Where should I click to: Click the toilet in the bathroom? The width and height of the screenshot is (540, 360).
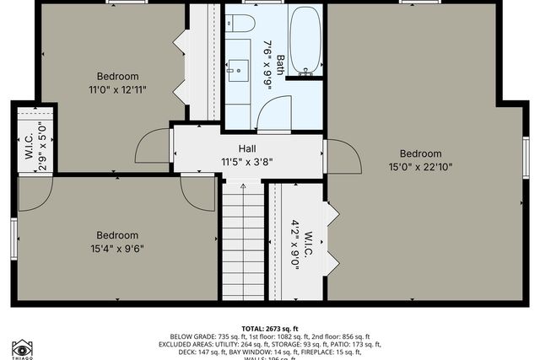tap(241, 22)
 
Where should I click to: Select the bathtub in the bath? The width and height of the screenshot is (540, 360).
tap(305, 40)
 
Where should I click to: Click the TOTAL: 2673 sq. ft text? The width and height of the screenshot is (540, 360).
tap(271, 327)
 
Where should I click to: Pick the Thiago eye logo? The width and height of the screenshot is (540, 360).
tap(22, 348)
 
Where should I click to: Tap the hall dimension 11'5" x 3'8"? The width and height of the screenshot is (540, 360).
tap(247, 162)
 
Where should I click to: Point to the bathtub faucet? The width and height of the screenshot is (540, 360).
tap(305, 74)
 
